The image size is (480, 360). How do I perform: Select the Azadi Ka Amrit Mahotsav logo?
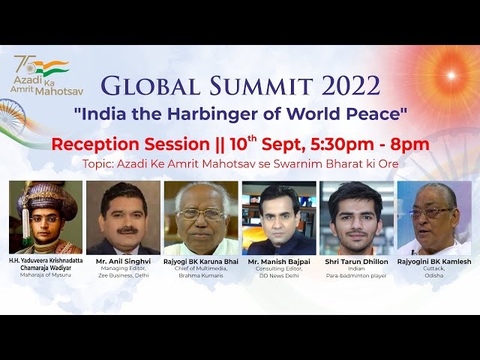[x=46, y=75]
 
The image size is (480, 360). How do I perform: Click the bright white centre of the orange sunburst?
[x=451, y=75]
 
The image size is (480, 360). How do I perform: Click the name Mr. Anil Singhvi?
[x=123, y=262]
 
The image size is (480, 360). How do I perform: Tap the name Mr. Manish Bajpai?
[x=279, y=262]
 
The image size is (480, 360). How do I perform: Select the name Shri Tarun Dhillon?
[x=357, y=262]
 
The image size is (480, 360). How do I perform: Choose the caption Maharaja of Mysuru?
[x=46, y=275]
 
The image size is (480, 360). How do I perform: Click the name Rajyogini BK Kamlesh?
[x=434, y=262]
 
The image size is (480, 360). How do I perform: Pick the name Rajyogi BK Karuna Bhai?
[x=201, y=262]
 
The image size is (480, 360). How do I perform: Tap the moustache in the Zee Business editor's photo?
[x=127, y=230]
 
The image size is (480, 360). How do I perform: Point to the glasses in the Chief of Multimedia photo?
[x=202, y=214]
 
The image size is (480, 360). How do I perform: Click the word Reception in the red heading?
[x=98, y=145]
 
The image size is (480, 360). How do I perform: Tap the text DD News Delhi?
[x=279, y=275]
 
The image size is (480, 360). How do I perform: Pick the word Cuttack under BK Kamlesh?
[x=434, y=268]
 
